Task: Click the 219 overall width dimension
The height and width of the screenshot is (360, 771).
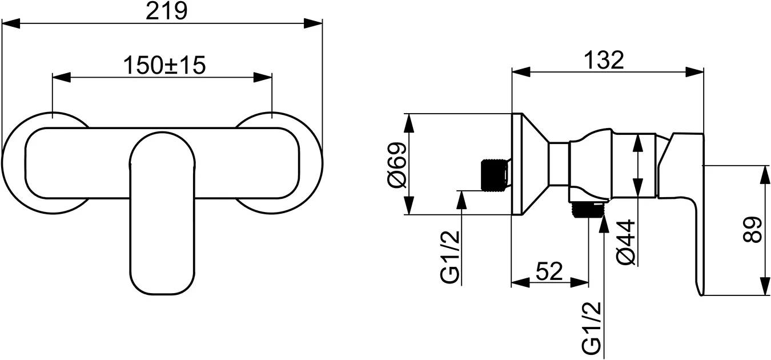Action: point(166,12)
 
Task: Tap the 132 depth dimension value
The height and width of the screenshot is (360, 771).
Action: point(604,61)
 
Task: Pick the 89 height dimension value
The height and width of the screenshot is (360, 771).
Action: point(755,230)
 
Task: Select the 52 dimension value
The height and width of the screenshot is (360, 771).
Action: point(549,270)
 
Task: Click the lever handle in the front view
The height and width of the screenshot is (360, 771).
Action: point(162,229)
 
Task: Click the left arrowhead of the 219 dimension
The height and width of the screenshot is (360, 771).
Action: point(11,23)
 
